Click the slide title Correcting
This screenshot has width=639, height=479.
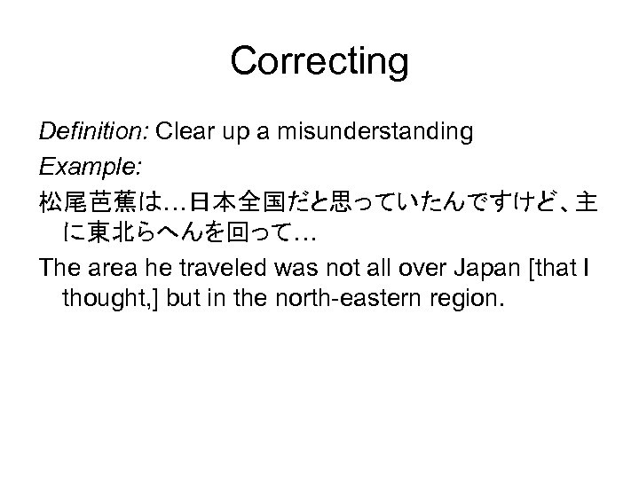pyautogui.click(x=319, y=62)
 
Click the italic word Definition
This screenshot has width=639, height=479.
pyautogui.click(x=94, y=133)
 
